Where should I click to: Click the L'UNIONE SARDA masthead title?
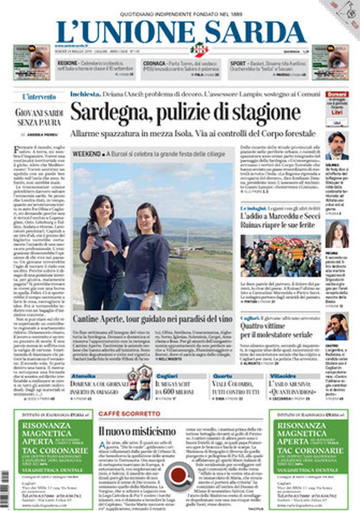[181, 32]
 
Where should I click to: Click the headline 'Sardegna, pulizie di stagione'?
[185, 113]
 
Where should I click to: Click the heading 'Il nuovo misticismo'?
[136, 432]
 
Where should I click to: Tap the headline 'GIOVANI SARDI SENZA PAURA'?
[39, 119]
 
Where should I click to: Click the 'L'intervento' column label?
[39, 97]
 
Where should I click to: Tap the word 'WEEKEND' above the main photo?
[87, 154]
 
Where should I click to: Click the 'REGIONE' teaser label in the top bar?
[68, 63]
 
